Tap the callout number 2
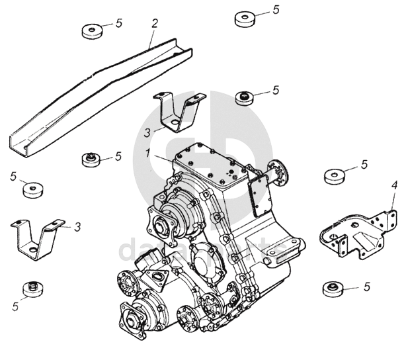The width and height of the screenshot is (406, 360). click(x=155, y=23)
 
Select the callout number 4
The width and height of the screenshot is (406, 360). click(x=394, y=185)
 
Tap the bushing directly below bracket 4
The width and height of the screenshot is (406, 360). click(x=333, y=288)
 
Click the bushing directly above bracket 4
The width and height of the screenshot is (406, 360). click(x=335, y=176)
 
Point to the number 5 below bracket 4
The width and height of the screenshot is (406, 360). click(x=366, y=287)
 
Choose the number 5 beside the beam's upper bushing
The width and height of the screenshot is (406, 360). click(x=119, y=23)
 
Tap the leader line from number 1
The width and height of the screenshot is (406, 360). click(x=165, y=162)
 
